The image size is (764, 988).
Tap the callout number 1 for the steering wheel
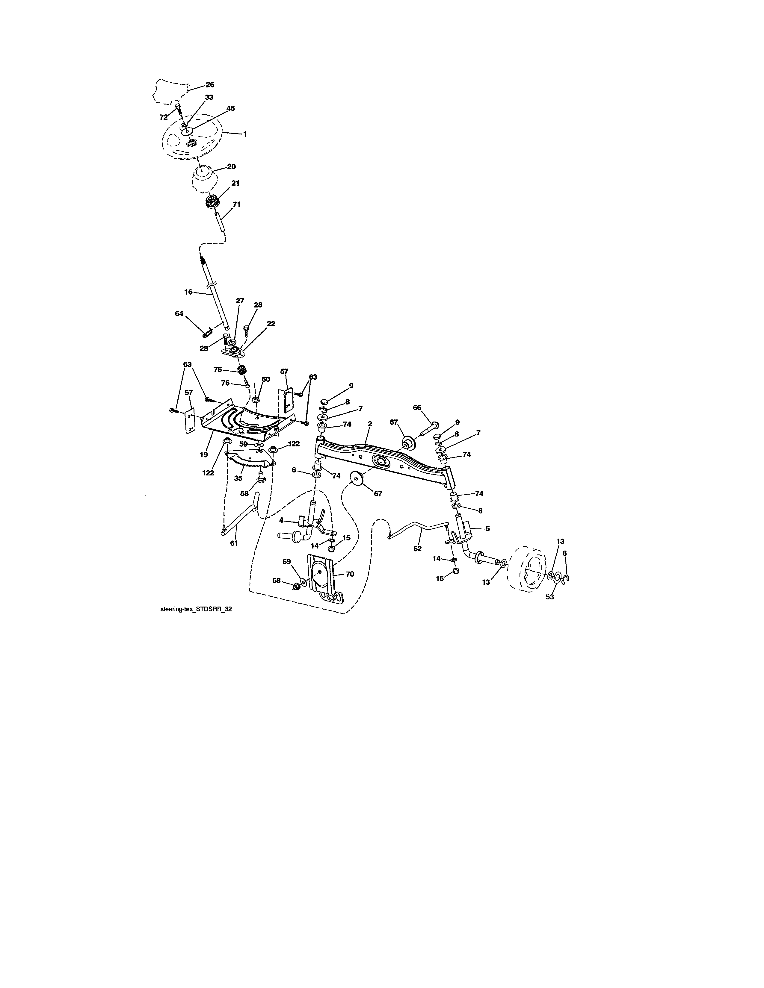[245, 134]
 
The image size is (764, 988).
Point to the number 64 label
[179, 313]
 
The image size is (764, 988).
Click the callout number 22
[271, 324]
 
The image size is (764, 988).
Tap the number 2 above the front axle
[370, 424]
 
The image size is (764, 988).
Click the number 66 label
[417, 407]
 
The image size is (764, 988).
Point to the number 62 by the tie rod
[417, 549]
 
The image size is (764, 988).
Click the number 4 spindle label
[281, 521]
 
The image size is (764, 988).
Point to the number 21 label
[235, 183]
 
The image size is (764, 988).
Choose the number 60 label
[266, 379]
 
